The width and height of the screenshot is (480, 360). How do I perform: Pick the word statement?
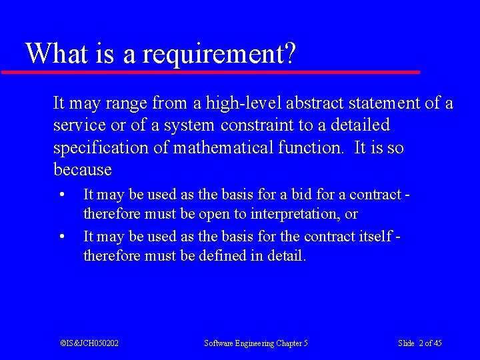coord(387,103)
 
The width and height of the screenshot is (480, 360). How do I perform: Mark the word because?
coord(82,170)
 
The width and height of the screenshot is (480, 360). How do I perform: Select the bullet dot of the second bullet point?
coord(61,237)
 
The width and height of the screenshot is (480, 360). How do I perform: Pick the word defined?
coord(223,256)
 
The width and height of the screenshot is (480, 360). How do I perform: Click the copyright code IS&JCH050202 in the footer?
coord(89,343)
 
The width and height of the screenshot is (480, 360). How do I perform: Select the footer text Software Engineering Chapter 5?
coord(256,343)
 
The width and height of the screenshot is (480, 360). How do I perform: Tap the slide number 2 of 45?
coord(420,343)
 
